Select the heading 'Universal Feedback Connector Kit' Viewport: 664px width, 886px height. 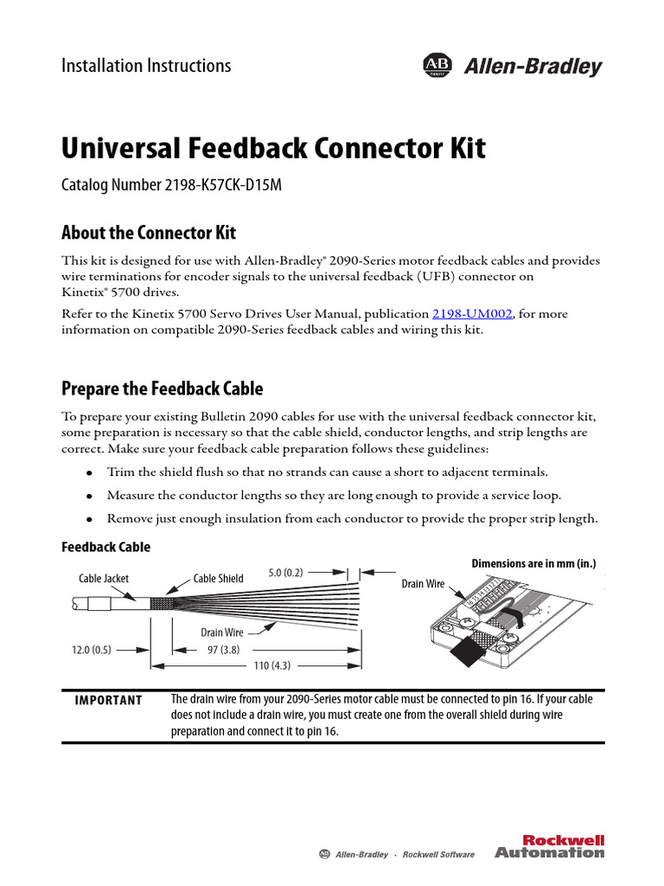pos(273,148)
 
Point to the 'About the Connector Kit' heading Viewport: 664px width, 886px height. pos(149,233)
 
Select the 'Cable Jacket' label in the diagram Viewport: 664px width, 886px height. pos(103,578)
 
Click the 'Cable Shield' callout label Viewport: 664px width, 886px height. pos(218,578)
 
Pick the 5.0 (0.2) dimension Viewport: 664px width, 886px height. pos(287,572)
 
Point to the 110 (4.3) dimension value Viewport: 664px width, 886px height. pos(271,665)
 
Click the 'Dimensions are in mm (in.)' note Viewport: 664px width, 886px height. pos(533,563)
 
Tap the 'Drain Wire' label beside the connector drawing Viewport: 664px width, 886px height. pos(424,584)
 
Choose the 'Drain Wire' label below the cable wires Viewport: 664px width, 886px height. pos(222,632)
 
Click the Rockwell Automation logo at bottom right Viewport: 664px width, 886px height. pos(549,846)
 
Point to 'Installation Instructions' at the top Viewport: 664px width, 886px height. pos(146,66)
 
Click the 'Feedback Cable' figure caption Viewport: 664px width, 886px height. pos(105,547)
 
